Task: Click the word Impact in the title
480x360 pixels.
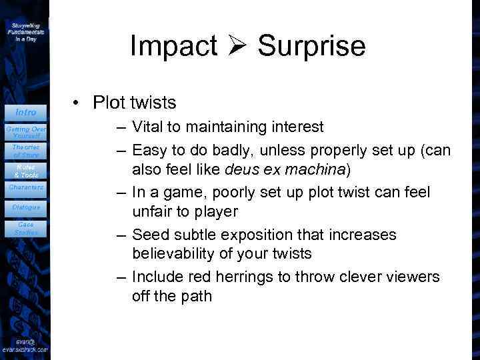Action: [x=173, y=46]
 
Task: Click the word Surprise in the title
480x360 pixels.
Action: [x=311, y=46]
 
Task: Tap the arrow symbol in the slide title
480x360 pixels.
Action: [x=237, y=46]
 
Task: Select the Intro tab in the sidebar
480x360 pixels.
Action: [x=25, y=112]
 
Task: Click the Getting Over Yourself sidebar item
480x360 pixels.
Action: [x=25, y=131]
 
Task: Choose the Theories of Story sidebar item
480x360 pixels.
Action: [x=25, y=151]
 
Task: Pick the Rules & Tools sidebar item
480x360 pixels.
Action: [x=25, y=171]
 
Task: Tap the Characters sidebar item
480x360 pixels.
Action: [x=25, y=187]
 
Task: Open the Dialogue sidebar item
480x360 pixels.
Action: [x=25, y=207]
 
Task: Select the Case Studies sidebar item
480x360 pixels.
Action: [x=25, y=229]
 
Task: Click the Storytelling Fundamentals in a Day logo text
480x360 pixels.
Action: [x=26, y=31]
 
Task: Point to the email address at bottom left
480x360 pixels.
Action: [x=25, y=345]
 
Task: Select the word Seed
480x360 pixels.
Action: [x=148, y=235]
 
